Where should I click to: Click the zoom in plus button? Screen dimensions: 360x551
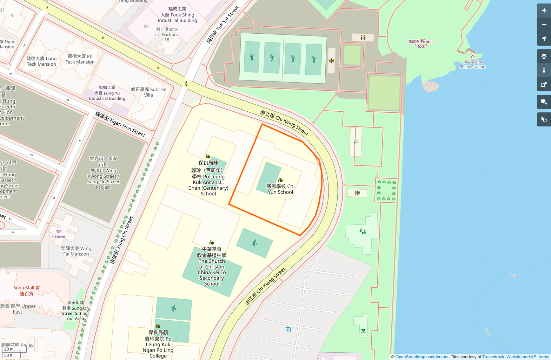point(544,11)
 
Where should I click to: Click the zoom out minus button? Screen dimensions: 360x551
point(544,25)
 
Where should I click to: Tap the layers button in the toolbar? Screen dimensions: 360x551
point(544,56)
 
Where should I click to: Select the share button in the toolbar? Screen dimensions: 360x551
point(544,84)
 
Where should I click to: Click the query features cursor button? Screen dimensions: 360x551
point(544,119)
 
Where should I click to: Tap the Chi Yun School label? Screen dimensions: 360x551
point(280,189)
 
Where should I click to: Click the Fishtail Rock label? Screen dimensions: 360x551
point(420,44)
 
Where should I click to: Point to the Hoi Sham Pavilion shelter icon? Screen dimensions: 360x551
point(472,56)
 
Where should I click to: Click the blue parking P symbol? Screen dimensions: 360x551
point(288,330)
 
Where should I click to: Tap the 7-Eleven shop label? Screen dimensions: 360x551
point(59,236)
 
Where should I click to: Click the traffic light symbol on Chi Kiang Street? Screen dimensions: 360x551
point(186,84)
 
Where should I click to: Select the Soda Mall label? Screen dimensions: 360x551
point(27,290)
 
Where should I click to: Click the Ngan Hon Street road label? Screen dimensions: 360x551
point(120,124)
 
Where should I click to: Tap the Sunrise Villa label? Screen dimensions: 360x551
point(148,92)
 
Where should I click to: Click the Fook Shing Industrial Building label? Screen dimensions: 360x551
point(177,15)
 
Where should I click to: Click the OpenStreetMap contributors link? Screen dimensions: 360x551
point(422,357)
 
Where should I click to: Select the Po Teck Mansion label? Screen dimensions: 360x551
point(80,59)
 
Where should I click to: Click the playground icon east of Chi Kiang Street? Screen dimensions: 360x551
point(363,231)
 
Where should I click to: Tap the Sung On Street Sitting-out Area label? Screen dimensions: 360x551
point(76,310)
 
